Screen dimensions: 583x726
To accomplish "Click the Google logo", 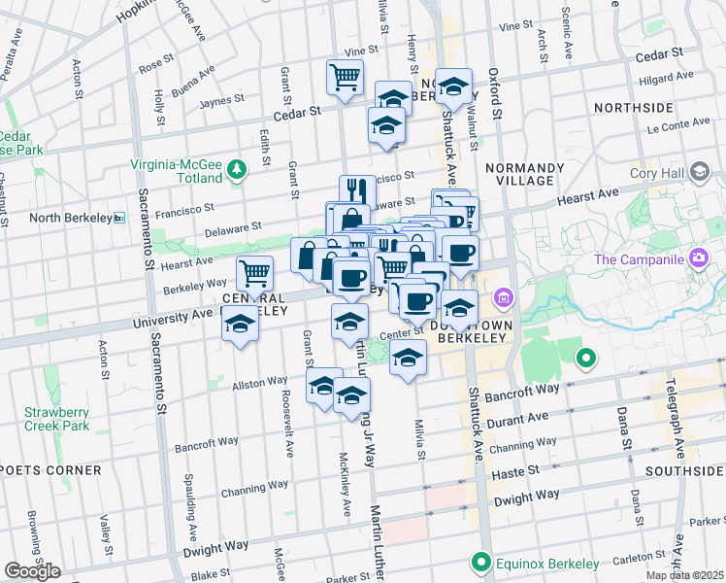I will (x=32, y=571).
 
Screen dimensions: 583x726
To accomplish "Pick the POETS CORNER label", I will (x=51, y=470).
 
